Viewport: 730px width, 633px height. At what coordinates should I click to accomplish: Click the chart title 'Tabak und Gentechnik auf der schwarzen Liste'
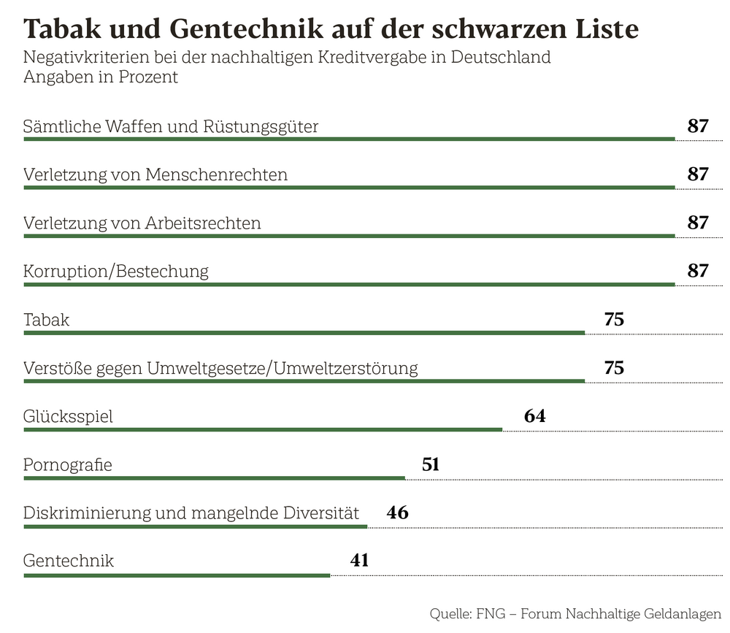click(331, 28)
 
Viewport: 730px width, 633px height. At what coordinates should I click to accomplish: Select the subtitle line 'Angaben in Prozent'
click(101, 77)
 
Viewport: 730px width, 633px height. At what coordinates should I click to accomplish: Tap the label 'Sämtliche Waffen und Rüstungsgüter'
click(171, 126)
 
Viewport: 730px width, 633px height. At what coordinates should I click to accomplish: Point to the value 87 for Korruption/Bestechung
click(698, 271)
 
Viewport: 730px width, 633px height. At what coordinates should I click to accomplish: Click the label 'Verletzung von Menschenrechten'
click(155, 174)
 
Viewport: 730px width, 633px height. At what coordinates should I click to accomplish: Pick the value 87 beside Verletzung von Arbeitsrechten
click(698, 223)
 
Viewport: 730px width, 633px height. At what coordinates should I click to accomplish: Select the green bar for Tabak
click(304, 333)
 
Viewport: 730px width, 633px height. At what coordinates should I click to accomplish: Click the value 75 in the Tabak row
click(614, 319)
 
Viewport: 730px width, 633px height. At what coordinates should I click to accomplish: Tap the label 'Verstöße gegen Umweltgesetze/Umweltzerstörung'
click(220, 368)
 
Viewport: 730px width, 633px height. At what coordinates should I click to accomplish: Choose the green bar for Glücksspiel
click(263, 429)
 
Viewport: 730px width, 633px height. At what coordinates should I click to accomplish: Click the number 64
click(534, 416)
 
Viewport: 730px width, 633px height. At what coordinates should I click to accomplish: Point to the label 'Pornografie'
click(68, 464)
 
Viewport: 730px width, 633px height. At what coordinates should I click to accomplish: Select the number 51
click(431, 464)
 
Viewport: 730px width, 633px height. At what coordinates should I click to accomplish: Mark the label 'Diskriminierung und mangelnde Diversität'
click(191, 513)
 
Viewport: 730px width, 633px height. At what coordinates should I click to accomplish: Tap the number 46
click(398, 513)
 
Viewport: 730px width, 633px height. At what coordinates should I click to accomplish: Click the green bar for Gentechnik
click(177, 575)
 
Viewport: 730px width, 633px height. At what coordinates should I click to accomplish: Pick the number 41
click(359, 561)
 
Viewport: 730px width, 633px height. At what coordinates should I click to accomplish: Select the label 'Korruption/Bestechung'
click(116, 271)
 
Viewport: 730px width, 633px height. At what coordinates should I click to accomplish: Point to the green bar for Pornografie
click(214, 478)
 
